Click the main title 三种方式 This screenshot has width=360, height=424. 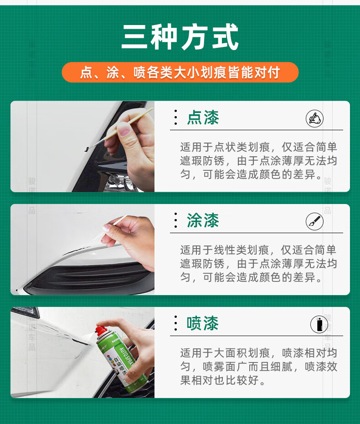180,37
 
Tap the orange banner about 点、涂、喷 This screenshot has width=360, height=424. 180,72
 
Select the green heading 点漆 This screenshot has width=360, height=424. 203,117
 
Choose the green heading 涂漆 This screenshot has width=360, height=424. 203,220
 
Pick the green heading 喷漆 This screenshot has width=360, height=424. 203,323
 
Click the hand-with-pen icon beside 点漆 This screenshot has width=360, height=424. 314,118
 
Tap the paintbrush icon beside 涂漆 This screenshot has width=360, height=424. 314,221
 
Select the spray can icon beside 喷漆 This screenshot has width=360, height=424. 319,324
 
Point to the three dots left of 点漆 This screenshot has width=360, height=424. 176,117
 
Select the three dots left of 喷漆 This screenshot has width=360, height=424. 176,323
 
